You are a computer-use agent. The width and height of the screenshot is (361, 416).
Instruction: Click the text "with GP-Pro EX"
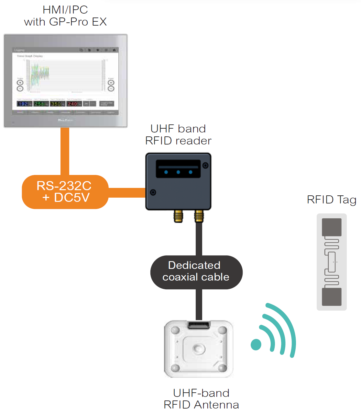click(x=65, y=22)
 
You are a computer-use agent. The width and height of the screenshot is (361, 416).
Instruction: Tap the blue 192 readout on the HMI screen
click(x=23, y=104)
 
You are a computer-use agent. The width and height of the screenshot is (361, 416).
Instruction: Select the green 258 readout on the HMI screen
click(x=39, y=104)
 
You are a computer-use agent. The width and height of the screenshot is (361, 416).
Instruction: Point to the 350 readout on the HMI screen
click(x=56, y=104)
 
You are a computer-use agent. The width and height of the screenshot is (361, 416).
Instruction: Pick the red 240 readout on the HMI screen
click(x=72, y=104)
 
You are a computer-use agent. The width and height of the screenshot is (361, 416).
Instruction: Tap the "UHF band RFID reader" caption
click(x=178, y=135)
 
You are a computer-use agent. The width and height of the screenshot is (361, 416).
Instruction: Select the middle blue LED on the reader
click(x=178, y=172)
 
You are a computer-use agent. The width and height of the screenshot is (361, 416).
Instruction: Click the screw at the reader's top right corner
click(x=205, y=166)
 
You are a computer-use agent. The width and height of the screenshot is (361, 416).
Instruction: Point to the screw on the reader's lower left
click(x=153, y=192)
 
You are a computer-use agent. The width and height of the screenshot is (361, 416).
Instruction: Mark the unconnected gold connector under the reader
click(x=178, y=216)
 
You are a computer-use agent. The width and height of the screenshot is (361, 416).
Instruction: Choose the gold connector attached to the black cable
click(x=199, y=216)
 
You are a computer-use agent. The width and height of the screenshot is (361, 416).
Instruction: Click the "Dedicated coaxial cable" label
click(x=196, y=272)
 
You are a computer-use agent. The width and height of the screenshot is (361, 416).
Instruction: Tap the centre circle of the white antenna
click(x=198, y=349)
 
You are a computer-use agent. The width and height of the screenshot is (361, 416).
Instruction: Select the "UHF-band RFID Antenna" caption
click(x=201, y=399)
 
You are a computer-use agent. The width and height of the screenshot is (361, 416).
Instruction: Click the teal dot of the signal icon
click(x=256, y=344)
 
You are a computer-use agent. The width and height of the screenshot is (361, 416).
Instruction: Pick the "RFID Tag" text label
click(x=332, y=200)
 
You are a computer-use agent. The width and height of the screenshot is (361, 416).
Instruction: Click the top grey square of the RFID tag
click(x=332, y=227)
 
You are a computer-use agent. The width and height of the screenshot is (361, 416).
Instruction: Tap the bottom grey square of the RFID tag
click(x=332, y=296)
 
